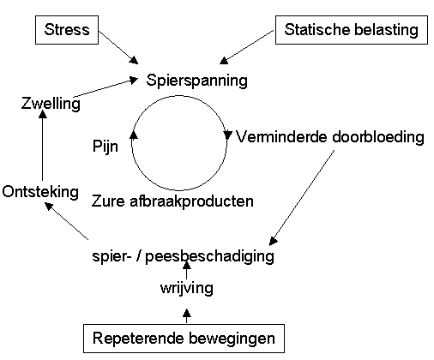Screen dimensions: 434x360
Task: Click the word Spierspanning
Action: [x=196, y=81]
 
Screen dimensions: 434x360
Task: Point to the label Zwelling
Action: [x=51, y=103]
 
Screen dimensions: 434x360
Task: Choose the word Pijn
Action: [x=105, y=147]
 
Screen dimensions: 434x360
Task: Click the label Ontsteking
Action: [x=40, y=192]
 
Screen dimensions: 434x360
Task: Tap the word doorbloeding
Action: [x=378, y=137]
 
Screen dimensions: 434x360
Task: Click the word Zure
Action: [x=108, y=201]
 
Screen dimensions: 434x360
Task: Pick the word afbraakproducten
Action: [x=191, y=201]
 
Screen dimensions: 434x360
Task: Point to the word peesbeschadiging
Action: [x=209, y=256]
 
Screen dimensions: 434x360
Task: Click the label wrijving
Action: [x=187, y=288]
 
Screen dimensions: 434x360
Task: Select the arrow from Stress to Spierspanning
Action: [x=118, y=47]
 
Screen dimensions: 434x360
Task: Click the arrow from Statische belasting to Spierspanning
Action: [x=247, y=47]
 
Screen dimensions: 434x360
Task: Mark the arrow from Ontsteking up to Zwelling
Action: [x=43, y=146]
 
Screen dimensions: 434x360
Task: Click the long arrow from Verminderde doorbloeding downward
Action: [x=302, y=198]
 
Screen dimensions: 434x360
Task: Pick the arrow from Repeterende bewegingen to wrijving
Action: [x=187, y=315]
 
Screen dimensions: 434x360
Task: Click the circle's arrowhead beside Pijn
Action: [x=134, y=135]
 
